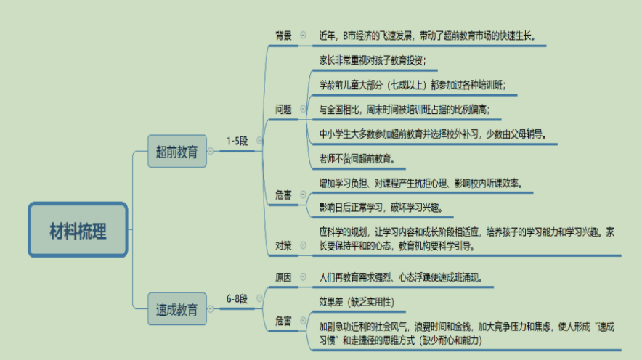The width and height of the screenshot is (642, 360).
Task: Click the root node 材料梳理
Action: pyautogui.click(x=78, y=232)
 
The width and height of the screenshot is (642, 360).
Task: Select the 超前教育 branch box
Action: pyautogui.click(x=176, y=152)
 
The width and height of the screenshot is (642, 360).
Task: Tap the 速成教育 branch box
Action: pyautogui.click(x=176, y=308)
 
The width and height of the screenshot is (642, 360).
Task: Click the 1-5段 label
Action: pyautogui.click(x=237, y=142)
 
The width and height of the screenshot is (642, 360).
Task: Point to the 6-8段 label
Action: pyautogui.click(x=237, y=298)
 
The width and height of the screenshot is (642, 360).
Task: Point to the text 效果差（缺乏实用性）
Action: pyautogui.click(x=357, y=302)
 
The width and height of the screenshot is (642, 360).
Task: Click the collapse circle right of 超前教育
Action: pyautogui.click(x=211, y=151)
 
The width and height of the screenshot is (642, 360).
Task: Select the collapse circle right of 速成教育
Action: pyautogui.click(x=211, y=308)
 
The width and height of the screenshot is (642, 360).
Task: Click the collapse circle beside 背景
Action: pyautogui.click(x=303, y=35)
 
